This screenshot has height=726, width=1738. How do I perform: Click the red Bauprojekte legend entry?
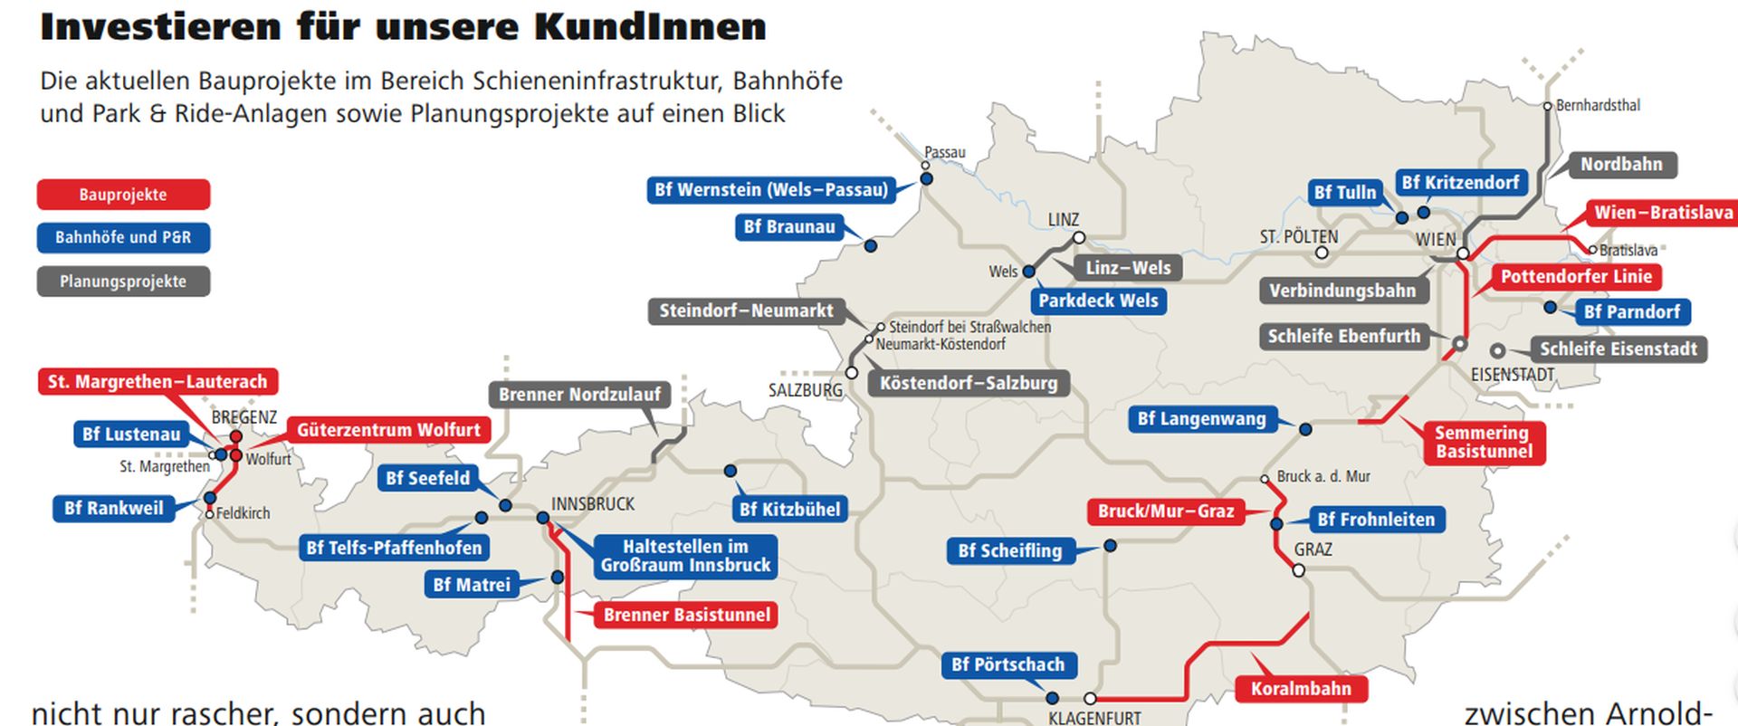coord(123,195)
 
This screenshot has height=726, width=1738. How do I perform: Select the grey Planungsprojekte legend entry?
coord(123,282)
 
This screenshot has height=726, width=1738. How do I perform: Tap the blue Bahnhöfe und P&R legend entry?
coord(123,238)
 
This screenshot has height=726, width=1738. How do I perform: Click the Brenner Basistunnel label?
coord(686,616)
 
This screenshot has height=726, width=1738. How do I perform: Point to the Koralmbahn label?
coord(1301,689)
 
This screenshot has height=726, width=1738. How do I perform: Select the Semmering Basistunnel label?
coord(1483,442)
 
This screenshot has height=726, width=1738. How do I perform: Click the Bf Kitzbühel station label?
coord(789,510)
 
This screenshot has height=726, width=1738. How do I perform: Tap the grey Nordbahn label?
coord(1621,165)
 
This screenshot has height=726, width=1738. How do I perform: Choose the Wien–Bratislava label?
coord(1663,213)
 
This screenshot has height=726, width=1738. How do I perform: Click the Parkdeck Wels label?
coord(1098,301)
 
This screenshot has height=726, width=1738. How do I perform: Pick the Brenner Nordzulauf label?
coord(579,395)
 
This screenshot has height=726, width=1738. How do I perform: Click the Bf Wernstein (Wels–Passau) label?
coord(771,190)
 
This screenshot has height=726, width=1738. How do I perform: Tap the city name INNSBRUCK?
coord(593,504)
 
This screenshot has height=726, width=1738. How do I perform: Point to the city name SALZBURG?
coord(805,390)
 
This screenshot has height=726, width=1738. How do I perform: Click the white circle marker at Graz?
coord(1298,570)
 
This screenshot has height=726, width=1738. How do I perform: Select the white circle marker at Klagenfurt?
coord(1090,699)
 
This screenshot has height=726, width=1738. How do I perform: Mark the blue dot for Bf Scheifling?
coord(1110,546)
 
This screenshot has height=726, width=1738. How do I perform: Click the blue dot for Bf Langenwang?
coord(1305,429)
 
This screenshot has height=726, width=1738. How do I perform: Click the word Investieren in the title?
coord(160,27)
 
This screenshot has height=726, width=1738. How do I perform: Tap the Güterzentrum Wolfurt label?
coord(388,430)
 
